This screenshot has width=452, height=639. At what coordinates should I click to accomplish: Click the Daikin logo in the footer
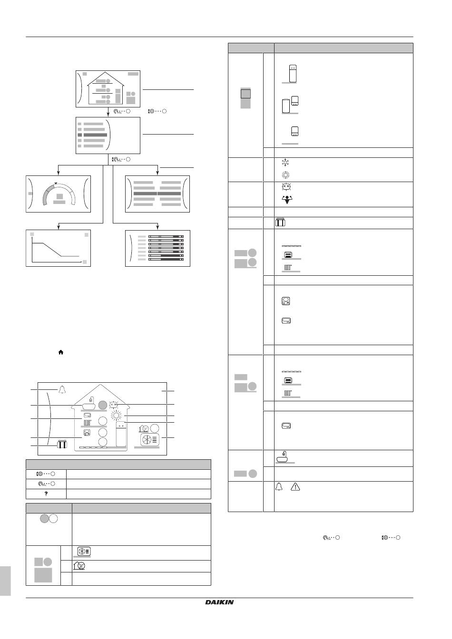(219, 602)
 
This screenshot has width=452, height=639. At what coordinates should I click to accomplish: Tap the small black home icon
(61, 352)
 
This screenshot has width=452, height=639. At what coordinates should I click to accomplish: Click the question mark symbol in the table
(46, 494)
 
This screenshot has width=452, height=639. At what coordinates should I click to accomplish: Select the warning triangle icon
(295, 487)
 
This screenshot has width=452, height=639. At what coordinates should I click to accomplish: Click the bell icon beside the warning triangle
(279, 486)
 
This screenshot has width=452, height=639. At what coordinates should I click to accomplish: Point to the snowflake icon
(285, 163)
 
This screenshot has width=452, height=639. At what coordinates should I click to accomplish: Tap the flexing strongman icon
(287, 199)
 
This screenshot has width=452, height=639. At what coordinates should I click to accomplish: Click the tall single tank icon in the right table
(293, 74)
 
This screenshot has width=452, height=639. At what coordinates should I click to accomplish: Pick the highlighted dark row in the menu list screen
(92, 135)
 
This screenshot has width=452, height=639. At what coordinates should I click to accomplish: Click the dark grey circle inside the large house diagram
(102, 405)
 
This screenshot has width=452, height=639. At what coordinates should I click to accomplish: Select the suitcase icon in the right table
(280, 222)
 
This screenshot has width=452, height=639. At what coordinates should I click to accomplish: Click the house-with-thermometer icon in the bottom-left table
(79, 565)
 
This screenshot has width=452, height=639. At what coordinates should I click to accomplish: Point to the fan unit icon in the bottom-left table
(84, 551)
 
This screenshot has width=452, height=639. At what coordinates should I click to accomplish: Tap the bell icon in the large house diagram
(62, 389)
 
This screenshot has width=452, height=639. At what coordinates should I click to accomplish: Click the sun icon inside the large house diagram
(116, 416)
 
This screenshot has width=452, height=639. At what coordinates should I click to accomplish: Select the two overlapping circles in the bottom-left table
(49, 519)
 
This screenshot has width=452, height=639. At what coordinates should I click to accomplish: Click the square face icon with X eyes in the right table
(286, 187)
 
